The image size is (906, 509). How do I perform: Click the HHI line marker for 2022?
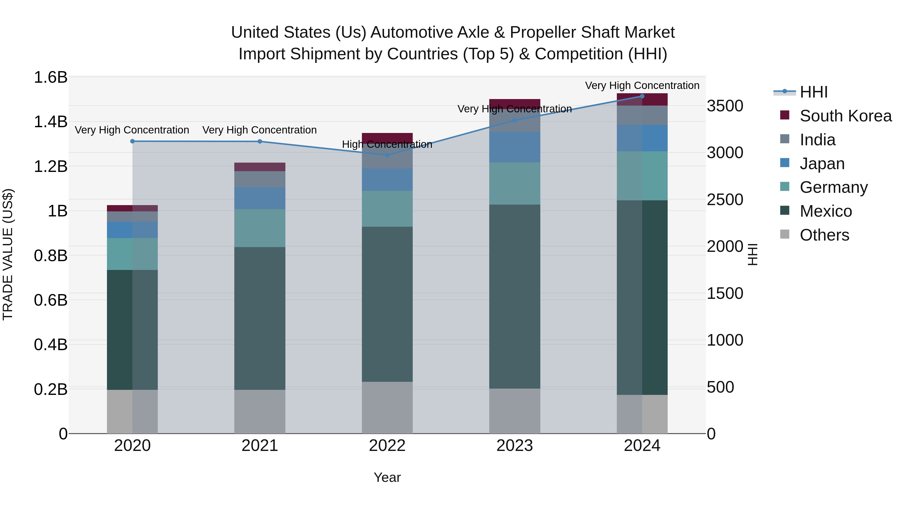click(x=387, y=155)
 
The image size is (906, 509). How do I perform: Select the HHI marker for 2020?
click(x=132, y=141)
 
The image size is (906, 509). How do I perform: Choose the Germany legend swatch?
click(x=785, y=187)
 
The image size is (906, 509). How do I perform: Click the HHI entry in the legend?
click(x=813, y=92)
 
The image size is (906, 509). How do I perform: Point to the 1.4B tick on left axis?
click(x=50, y=122)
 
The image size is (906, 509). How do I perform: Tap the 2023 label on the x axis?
click(x=515, y=446)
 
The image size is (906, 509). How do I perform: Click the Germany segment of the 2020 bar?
click(x=132, y=254)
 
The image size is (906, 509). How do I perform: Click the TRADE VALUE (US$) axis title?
click(x=8, y=254)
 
